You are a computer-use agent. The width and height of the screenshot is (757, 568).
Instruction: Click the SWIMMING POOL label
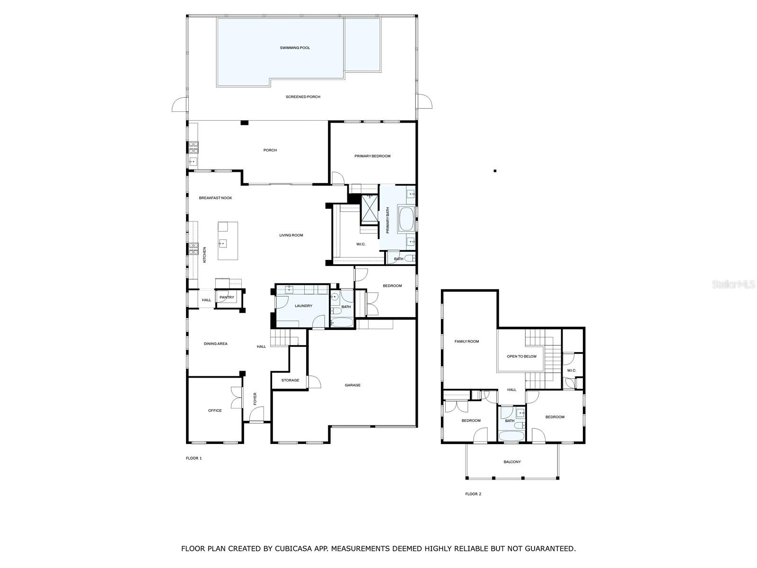[x=295, y=48]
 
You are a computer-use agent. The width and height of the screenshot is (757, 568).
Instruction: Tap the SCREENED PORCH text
[x=303, y=97]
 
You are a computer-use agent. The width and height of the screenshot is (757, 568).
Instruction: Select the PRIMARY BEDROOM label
[x=372, y=156]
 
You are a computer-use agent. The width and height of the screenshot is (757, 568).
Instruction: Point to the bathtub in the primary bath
[x=406, y=218]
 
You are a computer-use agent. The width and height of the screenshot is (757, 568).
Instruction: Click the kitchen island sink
[x=223, y=243]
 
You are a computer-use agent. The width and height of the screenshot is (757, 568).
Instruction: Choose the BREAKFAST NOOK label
[x=216, y=198]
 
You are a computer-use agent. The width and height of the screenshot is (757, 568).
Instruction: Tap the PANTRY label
[x=227, y=297]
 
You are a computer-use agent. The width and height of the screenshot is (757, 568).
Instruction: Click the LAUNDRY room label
[x=303, y=306]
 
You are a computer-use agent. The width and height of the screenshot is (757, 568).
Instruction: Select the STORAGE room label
[x=290, y=380]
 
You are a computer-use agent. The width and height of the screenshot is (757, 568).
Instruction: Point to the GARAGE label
[x=352, y=385]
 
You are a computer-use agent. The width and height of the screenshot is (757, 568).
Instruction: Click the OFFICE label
[x=215, y=410]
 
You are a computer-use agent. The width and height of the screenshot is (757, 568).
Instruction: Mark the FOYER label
[x=255, y=399]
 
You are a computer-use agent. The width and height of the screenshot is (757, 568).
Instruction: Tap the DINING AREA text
[x=216, y=344]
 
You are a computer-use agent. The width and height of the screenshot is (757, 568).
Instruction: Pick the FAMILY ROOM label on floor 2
[x=467, y=341]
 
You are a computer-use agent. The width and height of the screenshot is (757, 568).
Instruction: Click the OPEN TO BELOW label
[x=522, y=356]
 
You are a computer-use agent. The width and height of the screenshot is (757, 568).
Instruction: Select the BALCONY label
[x=512, y=462]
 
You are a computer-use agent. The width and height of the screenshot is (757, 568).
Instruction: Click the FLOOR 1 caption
[x=194, y=458]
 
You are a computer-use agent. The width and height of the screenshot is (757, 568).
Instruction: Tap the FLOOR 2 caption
[x=473, y=494]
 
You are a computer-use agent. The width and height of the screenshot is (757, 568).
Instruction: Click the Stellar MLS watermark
[x=733, y=284]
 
